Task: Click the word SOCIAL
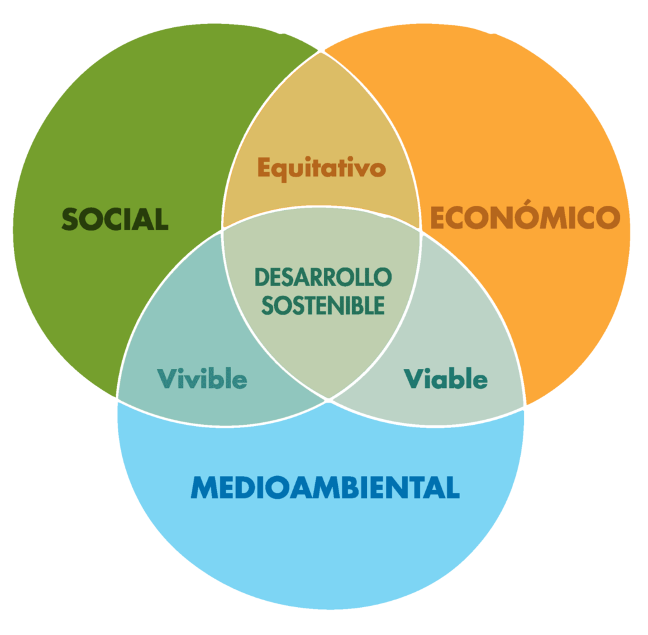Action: [x=115, y=219]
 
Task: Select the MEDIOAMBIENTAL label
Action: [x=325, y=487]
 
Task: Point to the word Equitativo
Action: [x=321, y=168]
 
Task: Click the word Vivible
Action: [x=202, y=378]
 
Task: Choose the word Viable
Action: [x=445, y=378]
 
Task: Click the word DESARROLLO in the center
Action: [x=323, y=277]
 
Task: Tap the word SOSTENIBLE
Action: [x=323, y=306]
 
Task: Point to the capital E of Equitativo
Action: [x=265, y=167]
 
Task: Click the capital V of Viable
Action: [x=414, y=378]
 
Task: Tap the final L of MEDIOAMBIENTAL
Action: [x=452, y=487]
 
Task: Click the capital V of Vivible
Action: [x=168, y=378]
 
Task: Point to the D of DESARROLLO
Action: [x=263, y=277]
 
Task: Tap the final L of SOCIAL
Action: [x=161, y=219]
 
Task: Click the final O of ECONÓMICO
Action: [x=608, y=218]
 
